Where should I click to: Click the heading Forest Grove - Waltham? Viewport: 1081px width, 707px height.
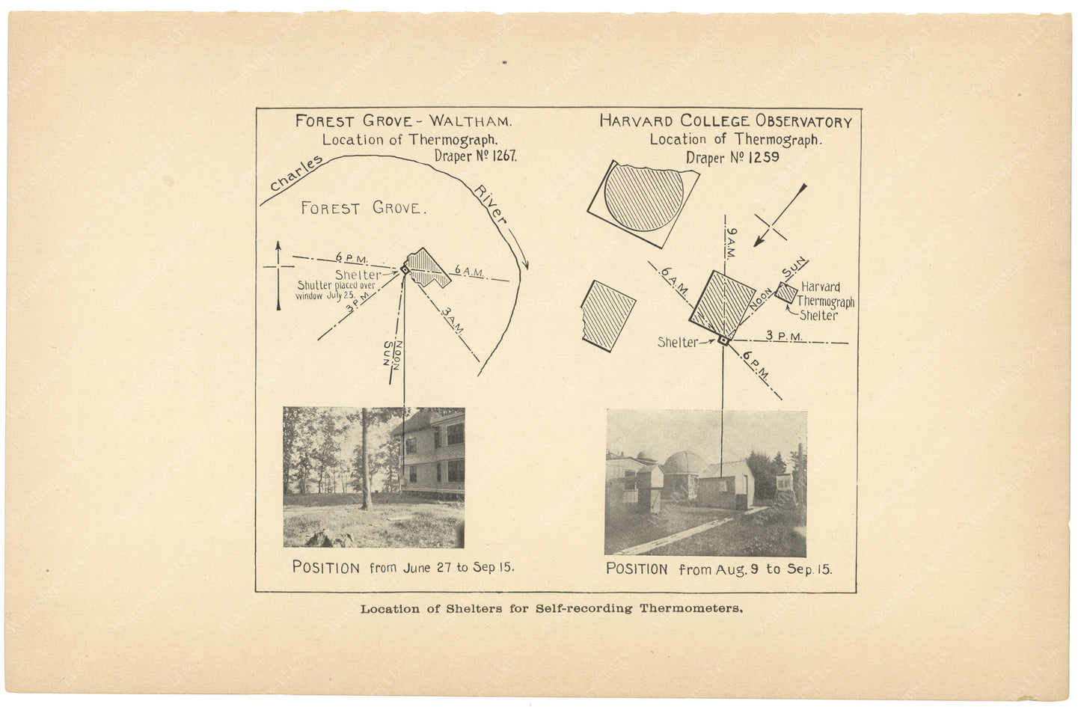tap(403, 121)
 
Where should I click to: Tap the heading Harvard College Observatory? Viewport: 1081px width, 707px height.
tap(725, 121)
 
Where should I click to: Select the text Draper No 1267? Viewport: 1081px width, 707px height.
tap(475, 156)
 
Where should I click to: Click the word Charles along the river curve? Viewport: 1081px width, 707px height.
tap(295, 174)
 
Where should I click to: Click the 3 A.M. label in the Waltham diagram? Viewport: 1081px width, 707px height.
tap(452, 317)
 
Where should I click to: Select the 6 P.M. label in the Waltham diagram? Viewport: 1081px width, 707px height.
tap(352, 259)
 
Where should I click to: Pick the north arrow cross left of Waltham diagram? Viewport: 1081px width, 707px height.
tap(278, 268)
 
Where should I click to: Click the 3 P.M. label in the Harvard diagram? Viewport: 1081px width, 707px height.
tap(784, 337)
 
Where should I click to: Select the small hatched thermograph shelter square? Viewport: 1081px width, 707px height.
tap(786, 293)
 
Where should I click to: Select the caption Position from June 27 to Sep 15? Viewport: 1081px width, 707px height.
tap(402, 567)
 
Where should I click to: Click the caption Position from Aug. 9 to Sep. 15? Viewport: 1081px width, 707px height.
tap(718, 569)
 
